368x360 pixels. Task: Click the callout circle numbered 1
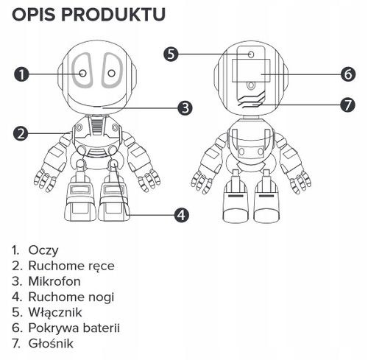click(x=21, y=74)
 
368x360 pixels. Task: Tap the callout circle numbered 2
click(x=21, y=133)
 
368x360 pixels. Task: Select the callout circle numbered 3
click(x=185, y=107)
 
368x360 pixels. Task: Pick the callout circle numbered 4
click(x=180, y=215)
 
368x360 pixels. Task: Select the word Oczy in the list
click(x=43, y=250)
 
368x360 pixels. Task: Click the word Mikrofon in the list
click(x=54, y=281)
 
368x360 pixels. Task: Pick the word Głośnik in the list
click(x=51, y=343)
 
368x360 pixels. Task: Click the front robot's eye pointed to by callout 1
click(x=82, y=74)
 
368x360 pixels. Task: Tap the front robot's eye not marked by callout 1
click(x=110, y=74)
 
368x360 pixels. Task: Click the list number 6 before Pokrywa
click(x=16, y=328)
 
